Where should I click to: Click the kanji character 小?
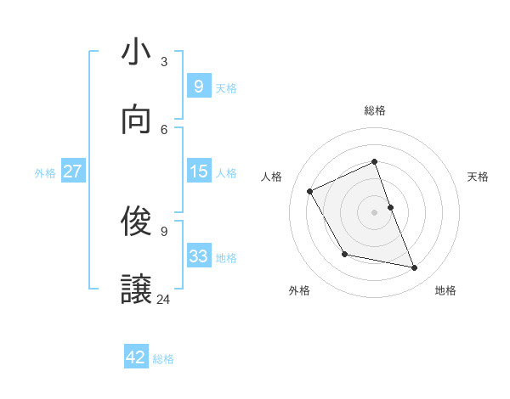[x=137, y=53]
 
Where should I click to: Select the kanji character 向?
[x=137, y=121]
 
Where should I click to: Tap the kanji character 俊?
[x=137, y=222]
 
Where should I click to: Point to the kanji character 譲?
[x=137, y=289]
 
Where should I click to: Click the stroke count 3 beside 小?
[x=164, y=61]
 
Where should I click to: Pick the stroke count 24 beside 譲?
[x=164, y=299]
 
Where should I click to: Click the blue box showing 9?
[x=198, y=86]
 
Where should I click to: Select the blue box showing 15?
[x=198, y=171]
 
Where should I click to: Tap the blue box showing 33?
[x=198, y=256]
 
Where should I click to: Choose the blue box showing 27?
[x=72, y=171]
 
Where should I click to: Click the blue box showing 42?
[x=136, y=357]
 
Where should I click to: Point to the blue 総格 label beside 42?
[x=163, y=359]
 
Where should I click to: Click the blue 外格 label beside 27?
[x=45, y=173]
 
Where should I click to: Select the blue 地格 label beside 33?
[x=226, y=258]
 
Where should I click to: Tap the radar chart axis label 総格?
[x=375, y=110]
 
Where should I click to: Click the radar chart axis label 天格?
[x=479, y=177]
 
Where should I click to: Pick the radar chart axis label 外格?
[x=299, y=290]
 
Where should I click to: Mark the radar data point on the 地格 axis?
[x=415, y=268]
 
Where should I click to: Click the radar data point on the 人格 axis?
[x=310, y=191]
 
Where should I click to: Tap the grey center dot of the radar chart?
[x=375, y=211]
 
